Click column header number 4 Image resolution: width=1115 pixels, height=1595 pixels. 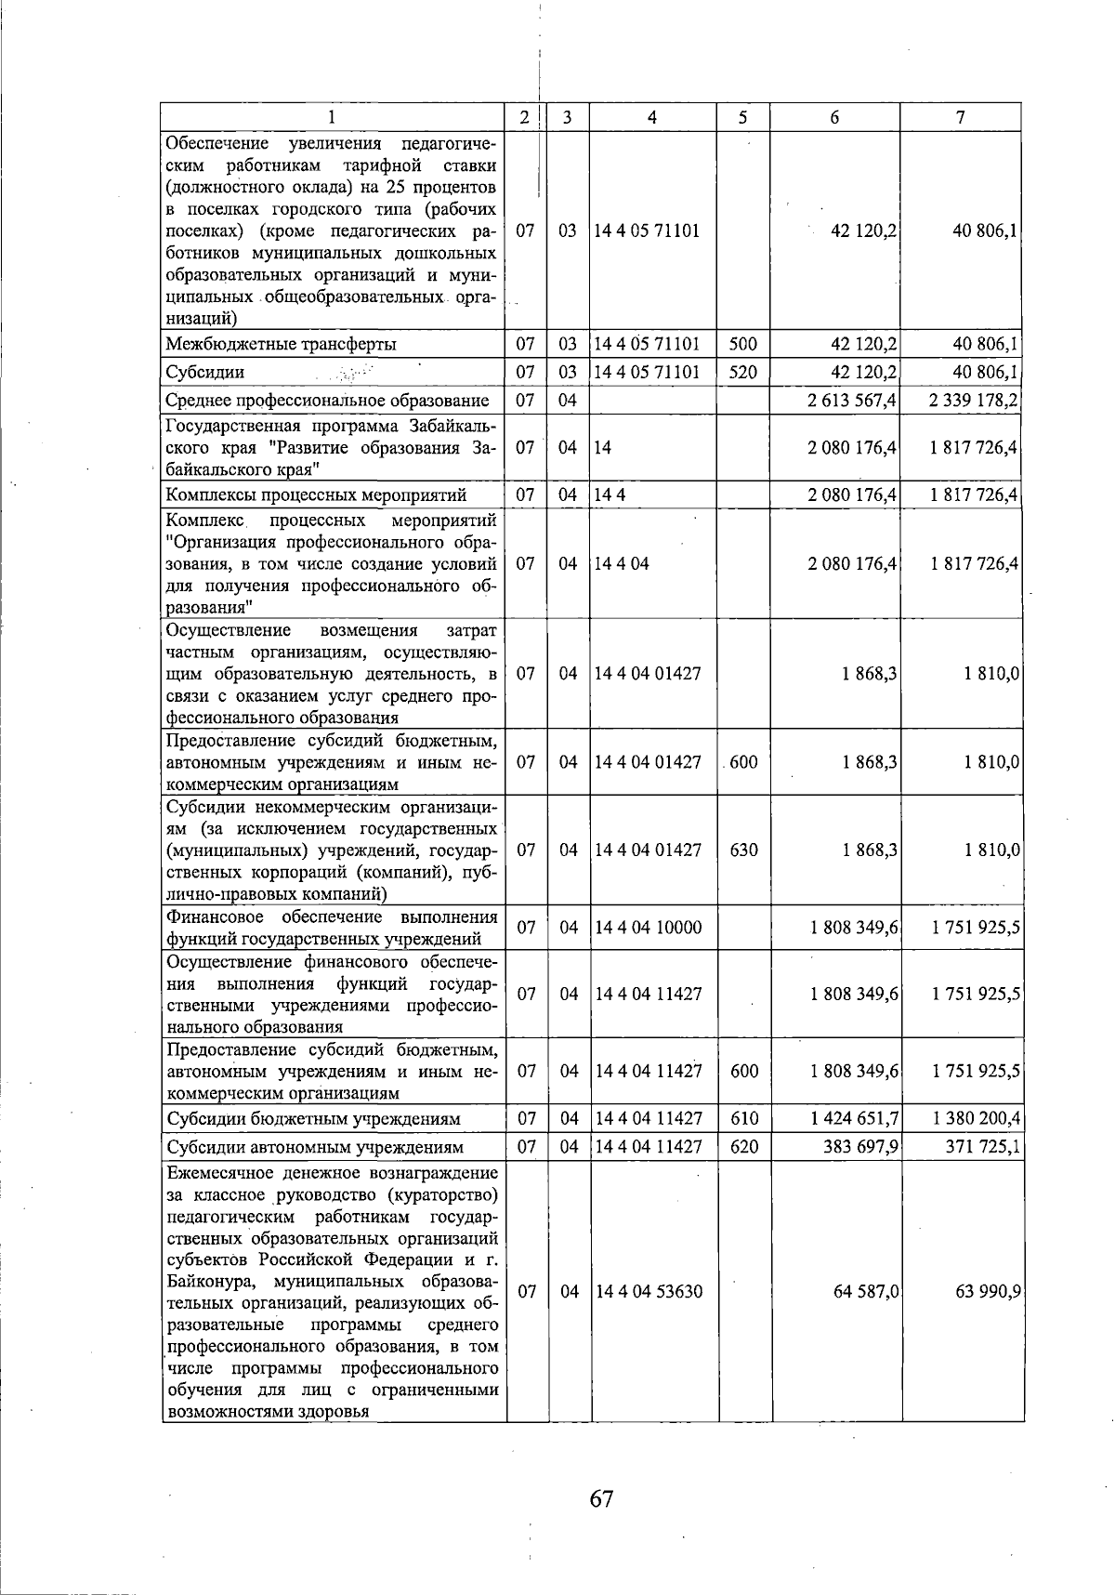tap(652, 117)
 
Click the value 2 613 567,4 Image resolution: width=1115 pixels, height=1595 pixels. tap(852, 401)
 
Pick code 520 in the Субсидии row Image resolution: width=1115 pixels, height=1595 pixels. tap(742, 373)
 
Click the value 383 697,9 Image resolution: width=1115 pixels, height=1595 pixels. tap(859, 1147)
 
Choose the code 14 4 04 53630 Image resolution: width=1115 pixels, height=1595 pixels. tap(649, 1292)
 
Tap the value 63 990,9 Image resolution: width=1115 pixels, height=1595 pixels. tap(988, 1292)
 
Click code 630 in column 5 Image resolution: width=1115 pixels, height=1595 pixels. tap(743, 850)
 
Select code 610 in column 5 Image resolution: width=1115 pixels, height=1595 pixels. tap(744, 1118)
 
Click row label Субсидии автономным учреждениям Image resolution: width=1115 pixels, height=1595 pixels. tap(314, 1147)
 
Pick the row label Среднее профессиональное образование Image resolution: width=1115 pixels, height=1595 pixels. tap(327, 401)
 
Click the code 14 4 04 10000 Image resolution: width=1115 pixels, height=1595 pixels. tap(649, 928)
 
